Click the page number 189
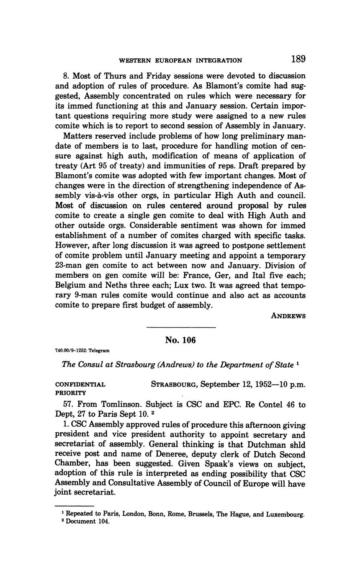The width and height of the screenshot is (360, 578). pos(298,59)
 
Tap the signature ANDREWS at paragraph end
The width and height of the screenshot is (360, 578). pos(288,316)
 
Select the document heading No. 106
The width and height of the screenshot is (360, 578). pos(180,340)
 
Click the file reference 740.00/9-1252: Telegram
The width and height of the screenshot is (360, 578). pos(82,351)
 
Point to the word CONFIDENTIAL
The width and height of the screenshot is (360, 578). pos(80,384)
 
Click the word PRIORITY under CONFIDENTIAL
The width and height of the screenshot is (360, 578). pos(71,393)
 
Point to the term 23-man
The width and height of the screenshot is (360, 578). pos(69,266)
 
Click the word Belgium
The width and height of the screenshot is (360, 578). pos(70,286)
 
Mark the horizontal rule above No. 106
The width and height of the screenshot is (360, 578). pos(181,327)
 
